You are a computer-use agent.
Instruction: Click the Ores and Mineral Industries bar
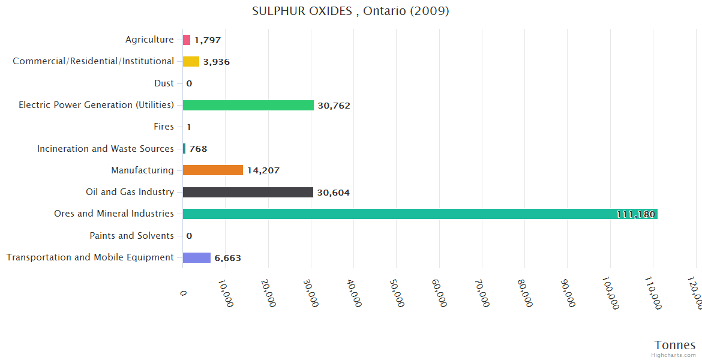coord(420,214)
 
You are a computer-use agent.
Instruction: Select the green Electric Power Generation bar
coord(248,105)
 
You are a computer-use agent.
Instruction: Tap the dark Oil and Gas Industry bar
coord(248,192)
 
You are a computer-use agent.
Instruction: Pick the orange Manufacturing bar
coord(212,170)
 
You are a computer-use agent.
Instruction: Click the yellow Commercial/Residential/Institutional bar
coord(191,61)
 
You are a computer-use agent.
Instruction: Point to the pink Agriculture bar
coord(187,40)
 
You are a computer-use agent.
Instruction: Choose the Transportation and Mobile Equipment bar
coord(196,257)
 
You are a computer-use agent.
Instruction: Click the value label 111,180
coord(635,214)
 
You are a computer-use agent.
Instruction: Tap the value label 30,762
coord(334,106)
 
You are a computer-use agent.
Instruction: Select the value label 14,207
coord(263,170)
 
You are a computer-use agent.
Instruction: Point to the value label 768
coord(198,149)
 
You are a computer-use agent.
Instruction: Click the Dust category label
coord(164,83)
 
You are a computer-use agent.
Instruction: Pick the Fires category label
coord(164,127)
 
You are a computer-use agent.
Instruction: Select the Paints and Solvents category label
coord(131,236)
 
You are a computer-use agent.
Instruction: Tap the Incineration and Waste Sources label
coord(106,148)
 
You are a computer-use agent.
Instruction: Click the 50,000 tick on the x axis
coord(396,293)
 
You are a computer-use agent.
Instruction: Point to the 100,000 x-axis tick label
coord(610,294)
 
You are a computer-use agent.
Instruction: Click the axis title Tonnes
coord(674,345)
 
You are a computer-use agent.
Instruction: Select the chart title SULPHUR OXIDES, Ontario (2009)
coord(350,11)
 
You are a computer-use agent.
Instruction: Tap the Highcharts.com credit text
coord(674,355)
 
